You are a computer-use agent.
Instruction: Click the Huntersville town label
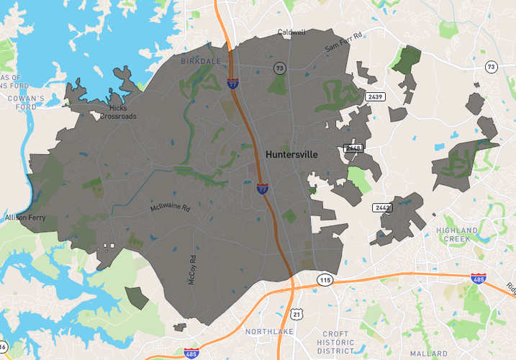291,155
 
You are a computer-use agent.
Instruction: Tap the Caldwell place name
291,32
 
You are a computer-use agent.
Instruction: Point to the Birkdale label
201,61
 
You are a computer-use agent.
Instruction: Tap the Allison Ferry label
24,217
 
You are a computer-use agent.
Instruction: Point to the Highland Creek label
456,234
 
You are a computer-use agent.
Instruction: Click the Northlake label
266,332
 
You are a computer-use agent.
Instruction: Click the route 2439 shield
374,96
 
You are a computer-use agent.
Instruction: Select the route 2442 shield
382,207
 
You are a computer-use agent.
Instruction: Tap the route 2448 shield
353,148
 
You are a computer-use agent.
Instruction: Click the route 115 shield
325,279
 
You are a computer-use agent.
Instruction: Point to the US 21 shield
297,315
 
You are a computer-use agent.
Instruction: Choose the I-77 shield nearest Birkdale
232,84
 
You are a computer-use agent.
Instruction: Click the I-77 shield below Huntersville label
263,189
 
